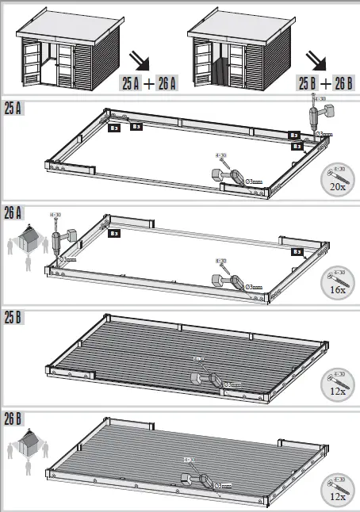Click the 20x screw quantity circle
click(x=336, y=180)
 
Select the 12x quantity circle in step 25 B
click(x=337, y=385)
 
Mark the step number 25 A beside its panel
click(x=13, y=107)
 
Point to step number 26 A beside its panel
click(x=13, y=211)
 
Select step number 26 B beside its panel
click(x=13, y=418)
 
